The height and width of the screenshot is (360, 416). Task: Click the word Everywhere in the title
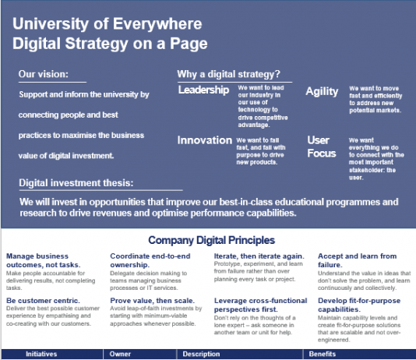tap(157, 24)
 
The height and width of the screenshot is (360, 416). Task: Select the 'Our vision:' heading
tap(44, 74)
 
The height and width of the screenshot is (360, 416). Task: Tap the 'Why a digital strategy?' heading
tap(229, 74)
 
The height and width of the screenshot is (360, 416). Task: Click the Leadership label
tap(204, 90)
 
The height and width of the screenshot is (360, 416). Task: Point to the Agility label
tap(322, 92)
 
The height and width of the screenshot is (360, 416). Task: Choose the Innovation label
tap(205, 140)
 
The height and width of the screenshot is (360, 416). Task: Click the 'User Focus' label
tap(322, 146)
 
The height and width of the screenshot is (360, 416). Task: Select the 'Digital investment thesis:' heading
tap(76, 183)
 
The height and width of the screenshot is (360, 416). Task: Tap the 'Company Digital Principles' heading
tap(211, 240)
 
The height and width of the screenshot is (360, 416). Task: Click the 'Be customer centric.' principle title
tap(43, 301)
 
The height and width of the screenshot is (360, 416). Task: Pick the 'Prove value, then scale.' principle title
tap(152, 301)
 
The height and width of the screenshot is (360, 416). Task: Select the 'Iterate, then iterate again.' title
tap(259, 256)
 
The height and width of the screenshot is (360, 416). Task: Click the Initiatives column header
tap(41, 355)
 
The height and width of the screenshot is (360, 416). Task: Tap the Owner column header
tap(120, 355)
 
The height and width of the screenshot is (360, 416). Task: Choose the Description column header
tap(201, 355)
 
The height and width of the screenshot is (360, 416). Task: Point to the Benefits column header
tap(323, 355)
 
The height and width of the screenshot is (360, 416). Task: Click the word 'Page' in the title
tap(189, 44)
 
